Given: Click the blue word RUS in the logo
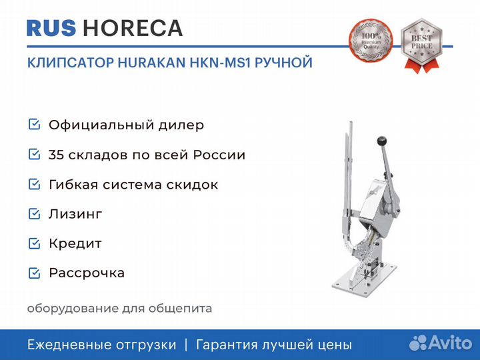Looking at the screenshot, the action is click(51, 28).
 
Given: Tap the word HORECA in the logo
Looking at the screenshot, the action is click(133, 28).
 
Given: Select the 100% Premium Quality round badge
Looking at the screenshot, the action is click(371, 40).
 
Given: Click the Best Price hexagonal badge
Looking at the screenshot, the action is click(422, 45).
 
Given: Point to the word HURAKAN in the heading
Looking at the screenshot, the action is click(151, 63).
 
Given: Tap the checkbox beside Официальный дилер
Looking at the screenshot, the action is click(34, 124).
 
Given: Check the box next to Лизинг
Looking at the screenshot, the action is click(34, 214).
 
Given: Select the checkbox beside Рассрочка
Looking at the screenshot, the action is click(34, 273).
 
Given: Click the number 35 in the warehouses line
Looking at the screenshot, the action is click(56, 155).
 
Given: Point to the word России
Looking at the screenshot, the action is click(219, 155).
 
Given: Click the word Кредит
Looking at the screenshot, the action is click(75, 244).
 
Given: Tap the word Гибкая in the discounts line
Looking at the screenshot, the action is click(73, 185).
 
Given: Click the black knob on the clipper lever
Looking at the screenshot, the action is click(382, 141).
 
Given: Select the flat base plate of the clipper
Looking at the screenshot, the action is click(364, 279).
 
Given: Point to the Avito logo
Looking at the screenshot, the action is click(441, 343).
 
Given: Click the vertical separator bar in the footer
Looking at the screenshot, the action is click(186, 345).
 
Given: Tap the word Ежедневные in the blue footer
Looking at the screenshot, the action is click(67, 345).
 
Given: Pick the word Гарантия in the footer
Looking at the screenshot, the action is click(227, 345).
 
